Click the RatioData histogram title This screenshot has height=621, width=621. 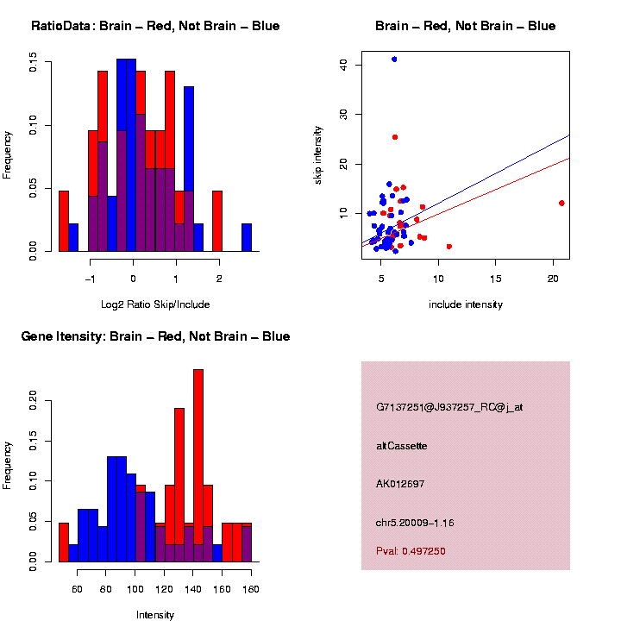point(155,26)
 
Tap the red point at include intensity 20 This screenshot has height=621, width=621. point(561,204)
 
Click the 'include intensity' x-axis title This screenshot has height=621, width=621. point(465,304)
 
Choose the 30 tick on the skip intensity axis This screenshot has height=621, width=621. point(342,114)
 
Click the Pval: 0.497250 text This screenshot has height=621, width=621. point(411,551)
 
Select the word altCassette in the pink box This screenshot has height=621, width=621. point(402,446)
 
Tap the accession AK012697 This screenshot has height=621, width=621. point(401,484)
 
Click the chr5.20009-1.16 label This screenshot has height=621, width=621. point(415,522)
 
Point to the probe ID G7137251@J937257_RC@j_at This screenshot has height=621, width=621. point(449,408)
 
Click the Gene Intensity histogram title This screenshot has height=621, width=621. point(155,336)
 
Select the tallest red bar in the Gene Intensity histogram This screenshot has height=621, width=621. point(198,466)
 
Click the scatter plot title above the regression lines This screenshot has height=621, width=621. point(465,26)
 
